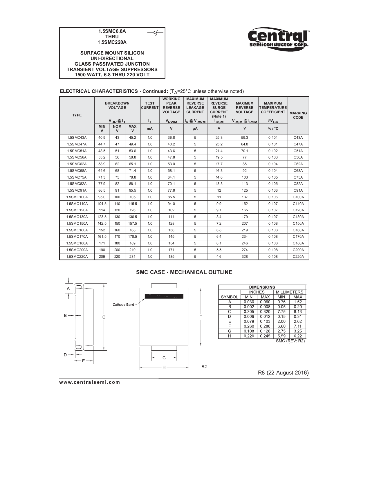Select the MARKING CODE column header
click(298, 115)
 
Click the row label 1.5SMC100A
click(77, 197)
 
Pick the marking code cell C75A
click(298, 177)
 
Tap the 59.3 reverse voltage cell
click(244, 138)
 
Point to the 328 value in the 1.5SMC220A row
click(244, 256)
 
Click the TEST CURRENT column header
click(150, 105)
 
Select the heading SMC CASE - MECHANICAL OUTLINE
click(184, 272)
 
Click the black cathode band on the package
click(164, 296)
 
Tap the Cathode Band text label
click(123, 305)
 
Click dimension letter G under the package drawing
click(164, 358)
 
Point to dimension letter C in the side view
click(104, 317)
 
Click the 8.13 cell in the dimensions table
click(298, 311)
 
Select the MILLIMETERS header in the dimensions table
click(289, 292)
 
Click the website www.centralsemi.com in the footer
click(90, 382)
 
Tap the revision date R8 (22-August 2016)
click(283, 373)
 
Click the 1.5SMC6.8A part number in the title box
click(112, 31)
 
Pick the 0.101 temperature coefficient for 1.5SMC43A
click(273, 138)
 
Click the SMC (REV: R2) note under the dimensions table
click(290, 341)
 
